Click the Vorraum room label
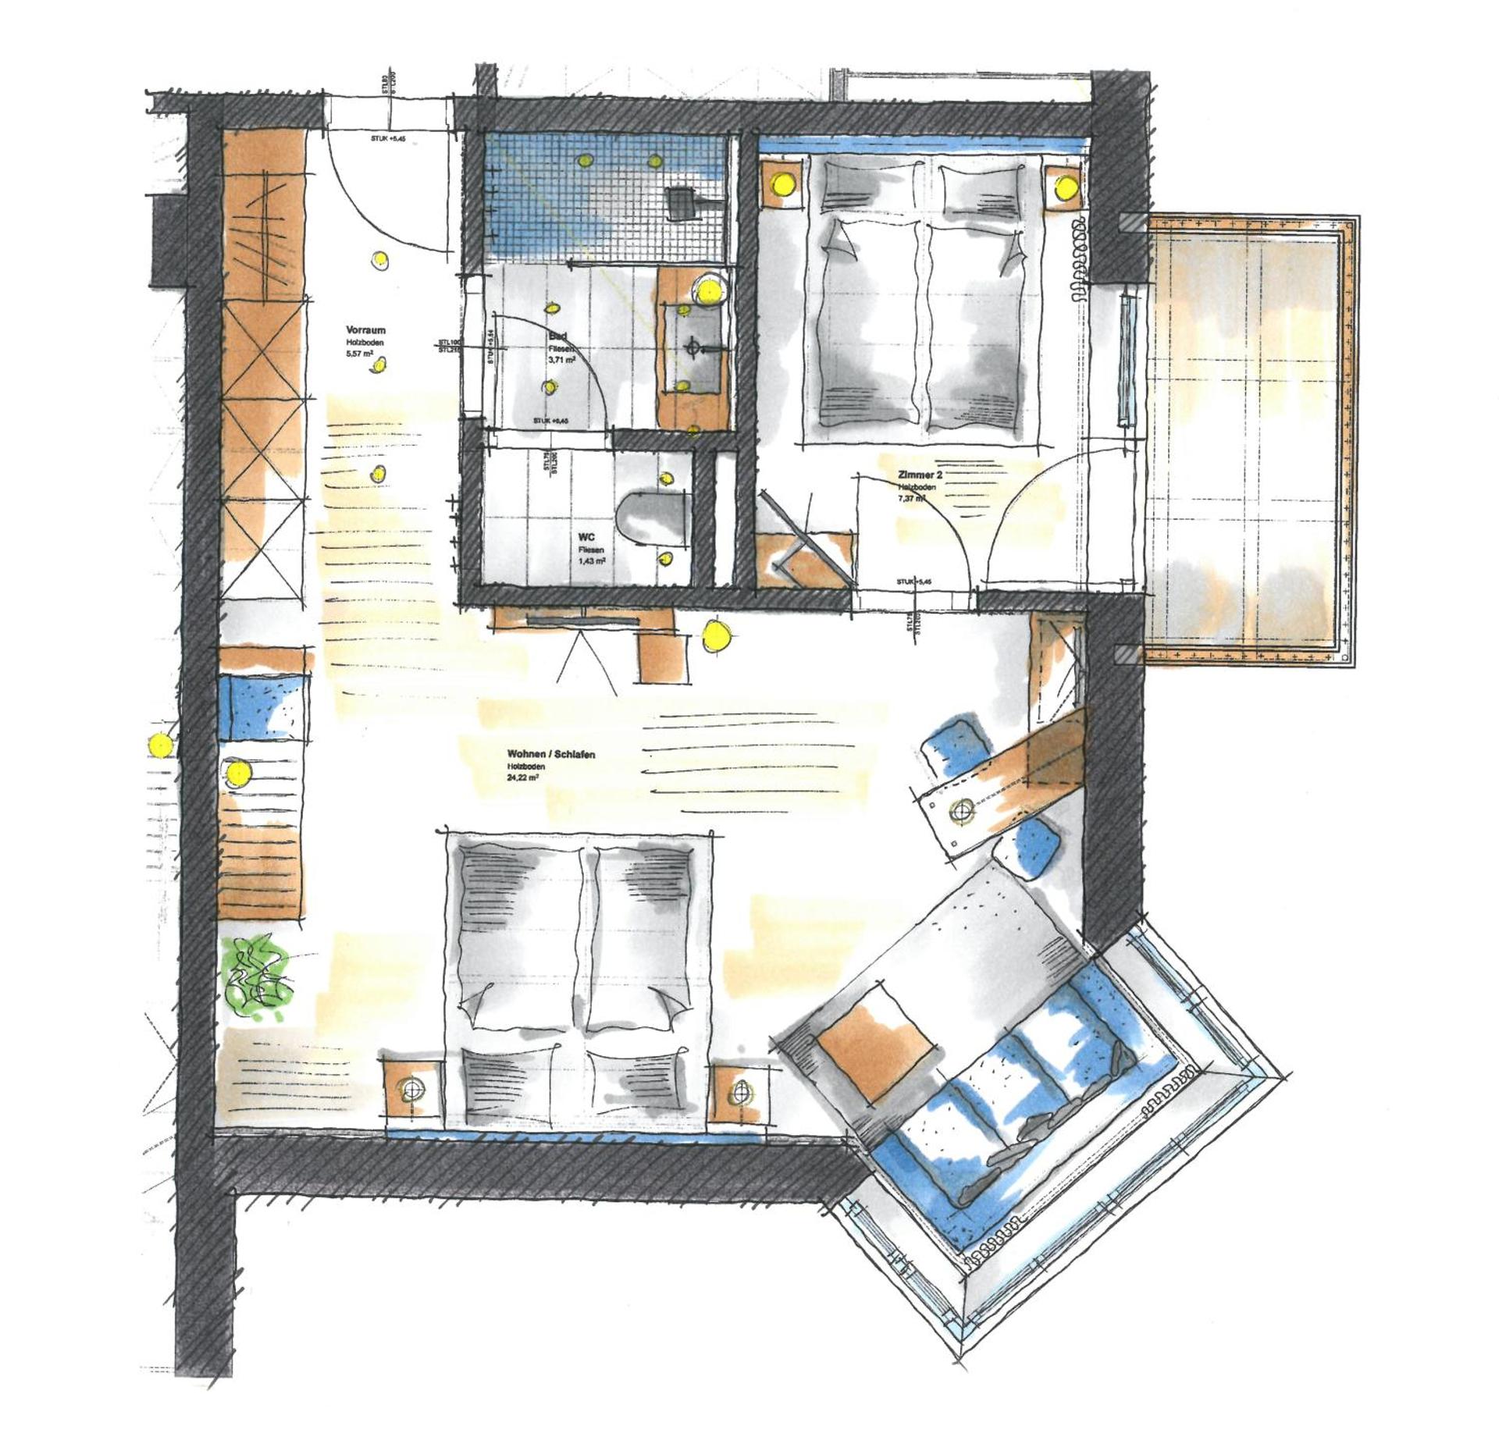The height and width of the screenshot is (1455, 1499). pyautogui.click(x=365, y=330)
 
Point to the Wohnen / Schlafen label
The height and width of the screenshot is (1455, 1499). pyautogui.click(x=551, y=754)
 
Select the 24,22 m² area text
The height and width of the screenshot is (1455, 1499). pyautogui.click(x=523, y=777)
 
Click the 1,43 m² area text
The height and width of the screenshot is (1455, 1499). pyautogui.click(x=592, y=561)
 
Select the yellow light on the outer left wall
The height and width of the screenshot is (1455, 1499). pyautogui.click(x=160, y=745)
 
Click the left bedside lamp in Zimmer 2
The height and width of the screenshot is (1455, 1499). pyautogui.click(x=781, y=184)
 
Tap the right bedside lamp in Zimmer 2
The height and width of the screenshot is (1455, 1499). pyautogui.click(x=1065, y=187)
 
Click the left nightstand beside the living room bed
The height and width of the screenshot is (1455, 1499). pyautogui.click(x=410, y=1089)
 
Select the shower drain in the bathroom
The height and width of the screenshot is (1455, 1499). pyautogui.click(x=682, y=201)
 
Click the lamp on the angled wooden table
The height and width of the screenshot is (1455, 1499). pyautogui.click(x=962, y=813)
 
